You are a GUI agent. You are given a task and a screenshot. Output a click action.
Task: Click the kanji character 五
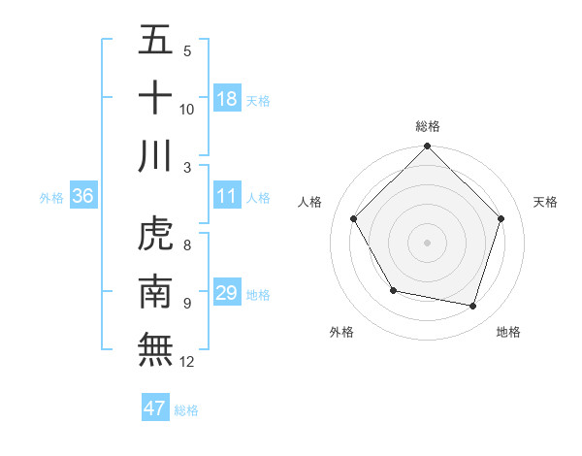coord(155,41)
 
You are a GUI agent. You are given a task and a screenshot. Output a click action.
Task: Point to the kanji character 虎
coord(155,234)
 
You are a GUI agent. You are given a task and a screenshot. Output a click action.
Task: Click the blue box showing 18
coord(227,99)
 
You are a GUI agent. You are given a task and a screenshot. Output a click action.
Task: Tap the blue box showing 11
coord(227,196)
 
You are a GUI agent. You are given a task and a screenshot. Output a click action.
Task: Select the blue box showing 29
coord(227,293)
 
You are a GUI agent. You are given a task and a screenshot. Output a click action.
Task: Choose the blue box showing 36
coord(82,196)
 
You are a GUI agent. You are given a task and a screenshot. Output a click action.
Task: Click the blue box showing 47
coord(155,408)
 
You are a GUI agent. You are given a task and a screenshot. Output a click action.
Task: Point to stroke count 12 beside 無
coord(187,362)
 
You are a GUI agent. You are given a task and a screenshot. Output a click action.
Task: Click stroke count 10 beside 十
coord(187,109)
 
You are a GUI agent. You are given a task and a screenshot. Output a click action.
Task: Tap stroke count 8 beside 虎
coord(187,245)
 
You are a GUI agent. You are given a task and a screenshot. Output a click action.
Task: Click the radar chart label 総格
coord(427,126)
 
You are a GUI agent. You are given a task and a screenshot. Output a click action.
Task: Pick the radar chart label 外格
coord(341,332)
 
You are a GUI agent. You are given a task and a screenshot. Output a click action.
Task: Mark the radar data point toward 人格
coord(354,218)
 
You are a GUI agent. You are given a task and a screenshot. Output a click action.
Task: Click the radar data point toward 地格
coord(473,306)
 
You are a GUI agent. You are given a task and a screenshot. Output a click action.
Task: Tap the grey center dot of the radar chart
coord(427,242)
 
